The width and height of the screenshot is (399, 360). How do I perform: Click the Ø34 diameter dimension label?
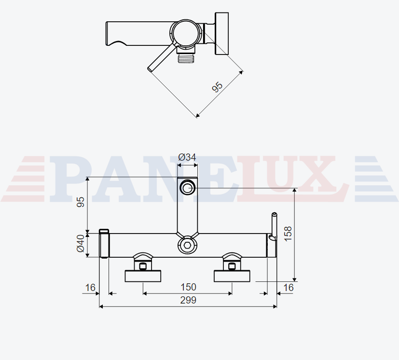tap(187, 157)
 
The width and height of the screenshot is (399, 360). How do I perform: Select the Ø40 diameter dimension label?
tap(81, 243)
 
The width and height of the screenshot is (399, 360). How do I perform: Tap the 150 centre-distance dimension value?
tap(188, 287)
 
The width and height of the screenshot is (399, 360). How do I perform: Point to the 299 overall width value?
tap(188, 300)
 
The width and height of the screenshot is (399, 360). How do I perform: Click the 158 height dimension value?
tap(288, 234)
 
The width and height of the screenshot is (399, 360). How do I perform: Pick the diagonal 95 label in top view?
tap(217, 87)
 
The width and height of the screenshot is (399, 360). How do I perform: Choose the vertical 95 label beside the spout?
tap(81, 202)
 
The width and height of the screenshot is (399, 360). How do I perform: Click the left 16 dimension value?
tap(90, 288)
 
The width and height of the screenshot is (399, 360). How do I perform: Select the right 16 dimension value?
tap(289, 288)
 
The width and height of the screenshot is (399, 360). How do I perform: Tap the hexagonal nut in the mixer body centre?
tap(188, 246)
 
